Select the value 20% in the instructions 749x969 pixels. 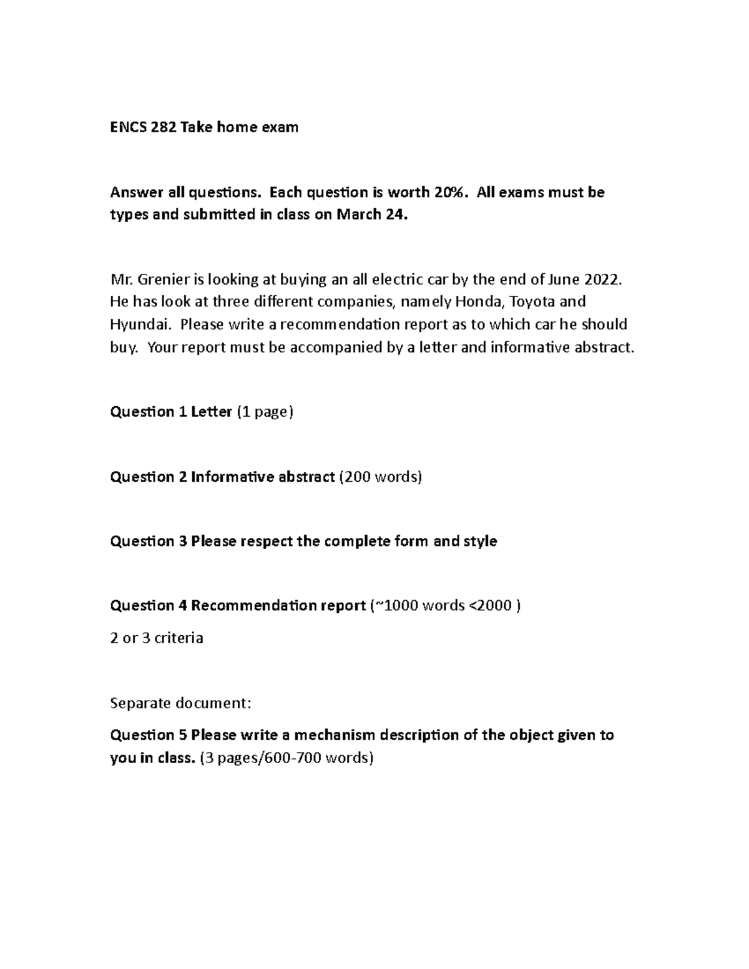pos(450,192)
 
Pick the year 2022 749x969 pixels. pos(604,279)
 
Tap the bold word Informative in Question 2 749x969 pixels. pos(226,477)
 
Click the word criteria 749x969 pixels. pos(179,638)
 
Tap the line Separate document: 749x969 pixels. pos(180,703)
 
